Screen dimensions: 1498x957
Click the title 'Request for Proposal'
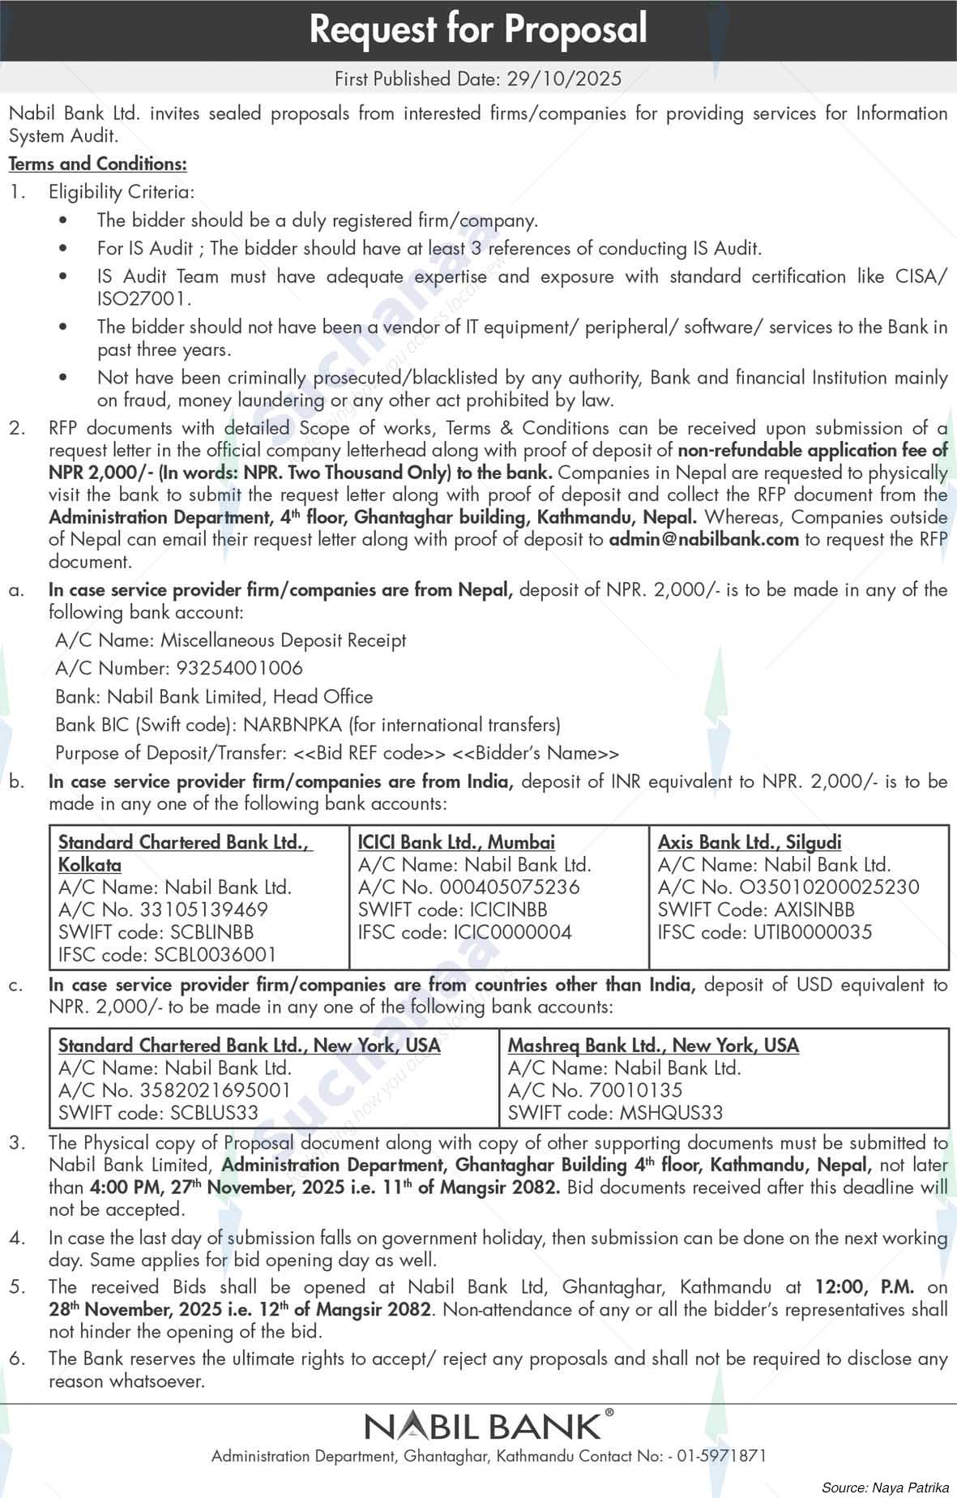[478, 30]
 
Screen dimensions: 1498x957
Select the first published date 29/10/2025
[564, 79]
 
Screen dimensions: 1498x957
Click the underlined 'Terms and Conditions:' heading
[98, 164]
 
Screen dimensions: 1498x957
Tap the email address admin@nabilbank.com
[704, 539]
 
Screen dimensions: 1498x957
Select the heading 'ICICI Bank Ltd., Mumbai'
[456, 842]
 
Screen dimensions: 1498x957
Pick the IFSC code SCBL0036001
[215, 954]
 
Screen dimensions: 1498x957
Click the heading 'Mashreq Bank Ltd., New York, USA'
[653, 1046]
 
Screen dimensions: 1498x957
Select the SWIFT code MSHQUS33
[671, 1113]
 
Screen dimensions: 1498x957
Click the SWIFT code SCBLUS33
[214, 1113]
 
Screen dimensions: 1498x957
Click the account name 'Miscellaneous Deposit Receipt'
[283, 640]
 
